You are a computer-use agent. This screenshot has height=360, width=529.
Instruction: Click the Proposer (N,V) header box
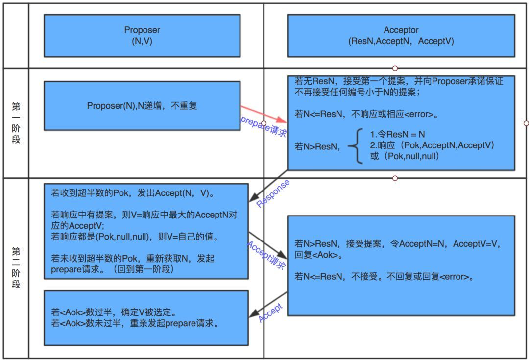pos(142,35)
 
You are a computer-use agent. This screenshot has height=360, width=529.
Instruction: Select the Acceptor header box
pos(401,35)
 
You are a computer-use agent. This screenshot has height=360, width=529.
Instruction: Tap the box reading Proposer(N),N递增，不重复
pos(142,105)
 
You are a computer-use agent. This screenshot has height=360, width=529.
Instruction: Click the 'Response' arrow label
pos(273,193)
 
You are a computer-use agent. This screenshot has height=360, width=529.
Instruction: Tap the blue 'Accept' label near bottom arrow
pos(270,313)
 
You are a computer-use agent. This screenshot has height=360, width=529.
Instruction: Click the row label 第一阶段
pos(16,122)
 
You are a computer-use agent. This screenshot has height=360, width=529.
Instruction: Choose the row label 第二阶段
pos(16,267)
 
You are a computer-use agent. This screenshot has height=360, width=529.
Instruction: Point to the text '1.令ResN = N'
pos(398,134)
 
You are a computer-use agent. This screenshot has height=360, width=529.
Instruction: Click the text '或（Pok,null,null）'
pos(405,156)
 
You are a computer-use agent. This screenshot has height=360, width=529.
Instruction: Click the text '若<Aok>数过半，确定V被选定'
pos(114,312)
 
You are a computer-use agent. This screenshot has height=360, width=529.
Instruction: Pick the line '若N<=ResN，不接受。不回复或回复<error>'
pos(385,277)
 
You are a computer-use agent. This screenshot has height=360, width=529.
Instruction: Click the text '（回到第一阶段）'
pos(146,269)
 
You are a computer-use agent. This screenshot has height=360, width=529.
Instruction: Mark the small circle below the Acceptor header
pos(395,68)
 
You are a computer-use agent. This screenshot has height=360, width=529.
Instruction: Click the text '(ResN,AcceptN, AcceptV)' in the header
pos(401,41)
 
